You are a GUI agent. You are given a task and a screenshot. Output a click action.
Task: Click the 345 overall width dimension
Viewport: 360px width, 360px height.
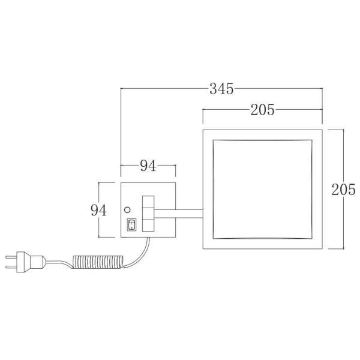pyautogui.click(x=221, y=89)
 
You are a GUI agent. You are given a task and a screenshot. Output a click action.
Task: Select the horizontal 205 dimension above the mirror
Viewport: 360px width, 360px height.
pyautogui.click(x=262, y=110)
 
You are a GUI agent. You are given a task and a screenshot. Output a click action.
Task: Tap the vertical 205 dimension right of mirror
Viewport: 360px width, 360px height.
pyautogui.click(x=343, y=190)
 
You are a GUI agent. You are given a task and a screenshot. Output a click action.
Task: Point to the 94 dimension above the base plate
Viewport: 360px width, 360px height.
pyautogui.click(x=148, y=166)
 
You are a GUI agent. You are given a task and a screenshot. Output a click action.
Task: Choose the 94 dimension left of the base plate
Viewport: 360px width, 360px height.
pyautogui.click(x=99, y=210)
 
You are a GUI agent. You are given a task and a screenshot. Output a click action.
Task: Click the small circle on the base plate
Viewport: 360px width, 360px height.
pyautogui.click(x=127, y=209)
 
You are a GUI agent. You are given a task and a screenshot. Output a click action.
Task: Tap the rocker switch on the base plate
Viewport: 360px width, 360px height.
pyautogui.click(x=131, y=224)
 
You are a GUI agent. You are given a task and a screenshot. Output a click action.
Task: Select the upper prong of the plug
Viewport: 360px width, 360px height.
pyautogui.click(x=11, y=257)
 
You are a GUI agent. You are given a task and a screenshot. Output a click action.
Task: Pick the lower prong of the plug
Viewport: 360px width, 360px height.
pyautogui.click(x=11, y=266)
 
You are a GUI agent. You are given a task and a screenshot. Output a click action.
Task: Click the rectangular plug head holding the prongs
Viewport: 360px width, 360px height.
pyautogui.click(x=20, y=262)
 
